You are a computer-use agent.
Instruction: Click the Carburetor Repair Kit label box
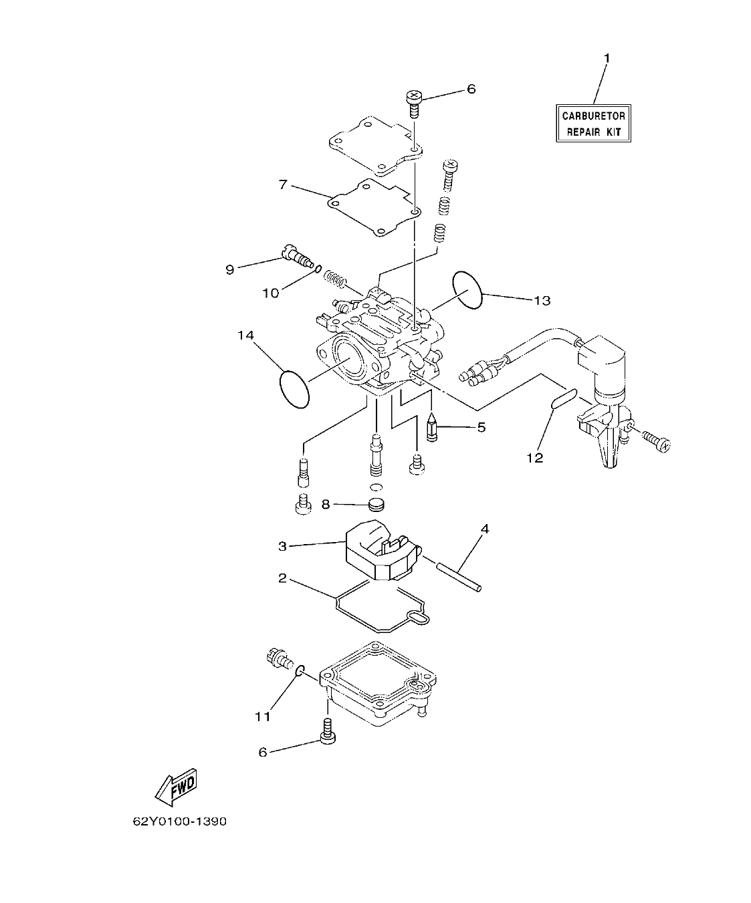point(593,124)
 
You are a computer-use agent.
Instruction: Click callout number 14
point(245,336)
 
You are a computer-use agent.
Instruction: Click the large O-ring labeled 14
point(294,388)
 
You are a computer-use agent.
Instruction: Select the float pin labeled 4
point(459,577)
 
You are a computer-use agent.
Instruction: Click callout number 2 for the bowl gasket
point(282,578)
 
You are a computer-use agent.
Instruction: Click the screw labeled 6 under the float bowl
point(327,731)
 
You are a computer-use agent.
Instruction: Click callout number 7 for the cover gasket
point(283,184)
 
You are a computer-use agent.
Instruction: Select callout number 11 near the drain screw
point(262,716)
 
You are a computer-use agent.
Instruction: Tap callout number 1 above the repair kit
point(607,59)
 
